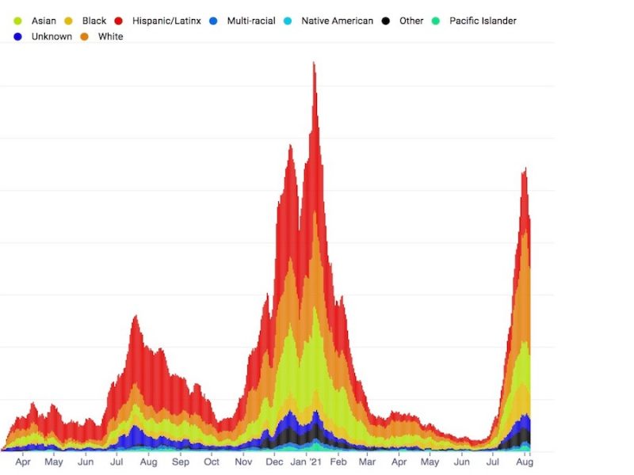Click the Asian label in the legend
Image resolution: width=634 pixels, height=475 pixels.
44,21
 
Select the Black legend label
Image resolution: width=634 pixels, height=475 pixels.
94,21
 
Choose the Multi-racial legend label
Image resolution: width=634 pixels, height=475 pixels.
251,21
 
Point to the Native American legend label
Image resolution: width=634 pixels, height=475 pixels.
337,21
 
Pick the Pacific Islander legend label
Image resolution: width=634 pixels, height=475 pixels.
483,21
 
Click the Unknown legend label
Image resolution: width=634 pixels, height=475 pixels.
52,36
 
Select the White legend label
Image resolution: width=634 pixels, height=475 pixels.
111,36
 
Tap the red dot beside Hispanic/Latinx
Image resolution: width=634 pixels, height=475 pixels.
119,21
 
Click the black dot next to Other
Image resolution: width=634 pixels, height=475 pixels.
385,21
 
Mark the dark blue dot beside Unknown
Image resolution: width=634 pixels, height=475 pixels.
18,36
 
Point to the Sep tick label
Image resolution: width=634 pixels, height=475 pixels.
180,462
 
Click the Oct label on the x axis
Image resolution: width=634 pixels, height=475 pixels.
212,462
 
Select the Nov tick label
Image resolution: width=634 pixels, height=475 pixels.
243,462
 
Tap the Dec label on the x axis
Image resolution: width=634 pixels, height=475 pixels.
274,462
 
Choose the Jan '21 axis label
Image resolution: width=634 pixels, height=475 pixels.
305,462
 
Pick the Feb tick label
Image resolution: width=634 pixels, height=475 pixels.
338,462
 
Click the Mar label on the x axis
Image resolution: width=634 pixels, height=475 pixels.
368,462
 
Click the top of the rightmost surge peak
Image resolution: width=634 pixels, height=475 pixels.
525,168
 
